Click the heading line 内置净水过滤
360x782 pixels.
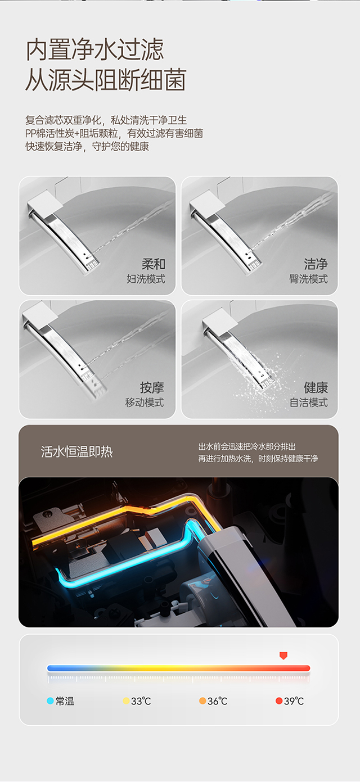click(95, 49)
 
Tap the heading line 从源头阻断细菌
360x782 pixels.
click(106, 80)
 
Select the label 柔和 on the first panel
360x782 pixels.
click(154, 264)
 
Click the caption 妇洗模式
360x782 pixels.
click(146, 279)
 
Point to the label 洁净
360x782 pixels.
click(316, 264)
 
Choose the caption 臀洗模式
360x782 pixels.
click(308, 279)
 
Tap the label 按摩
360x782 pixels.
click(152, 387)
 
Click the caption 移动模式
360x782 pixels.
click(145, 403)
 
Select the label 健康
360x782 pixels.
click(316, 387)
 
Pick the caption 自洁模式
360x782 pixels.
click(308, 403)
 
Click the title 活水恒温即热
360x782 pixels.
click(77, 452)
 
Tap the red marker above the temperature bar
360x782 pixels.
click(283, 656)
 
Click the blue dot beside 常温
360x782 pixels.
click(50, 700)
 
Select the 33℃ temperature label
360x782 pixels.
click(141, 701)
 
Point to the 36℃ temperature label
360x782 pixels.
click(218, 701)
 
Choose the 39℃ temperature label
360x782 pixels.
click(294, 701)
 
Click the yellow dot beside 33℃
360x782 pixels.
click(126, 700)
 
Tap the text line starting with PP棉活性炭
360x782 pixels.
click(114, 133)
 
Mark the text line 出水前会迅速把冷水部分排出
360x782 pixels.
click(247, 446)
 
